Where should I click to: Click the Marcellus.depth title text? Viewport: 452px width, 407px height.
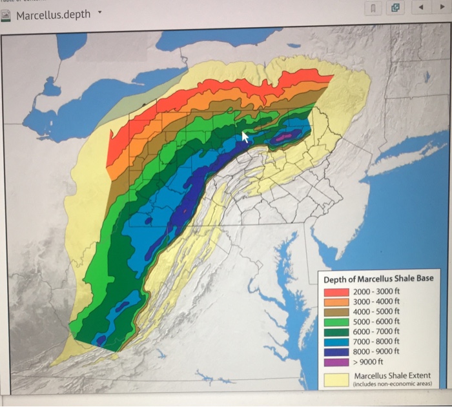[53, 14]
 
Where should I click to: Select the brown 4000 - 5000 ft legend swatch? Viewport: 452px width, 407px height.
[336, 310]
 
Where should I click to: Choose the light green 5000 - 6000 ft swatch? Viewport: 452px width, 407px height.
[336, 321]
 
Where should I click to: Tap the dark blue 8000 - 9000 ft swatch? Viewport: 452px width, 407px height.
[336, 350]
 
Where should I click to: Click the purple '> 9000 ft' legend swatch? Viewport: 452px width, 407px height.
[336, 361]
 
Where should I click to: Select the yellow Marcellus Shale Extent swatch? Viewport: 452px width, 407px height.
[336, 379]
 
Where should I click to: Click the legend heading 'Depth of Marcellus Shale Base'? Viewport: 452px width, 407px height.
[378, 278]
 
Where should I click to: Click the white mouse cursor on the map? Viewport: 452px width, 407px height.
[245, 136]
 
